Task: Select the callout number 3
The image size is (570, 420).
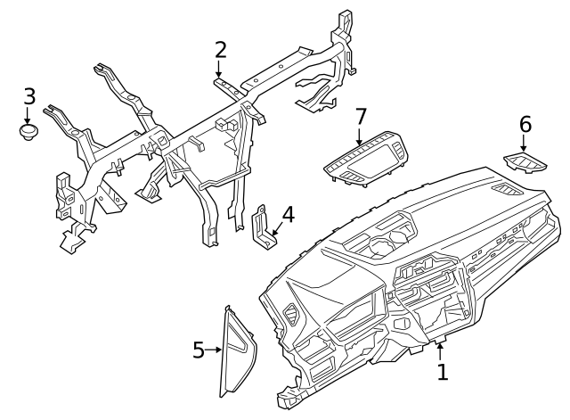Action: pyautogui.click(x=28, y=96)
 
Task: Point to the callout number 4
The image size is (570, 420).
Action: pyautogui.click(x=288, y=215)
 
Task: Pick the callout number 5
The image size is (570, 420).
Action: pyautogui.click(x=199, y=350)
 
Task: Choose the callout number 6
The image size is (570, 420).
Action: pyautogui.click(x=525, y=123)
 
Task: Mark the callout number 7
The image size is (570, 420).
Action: pyautogui.click(x=361, y=116)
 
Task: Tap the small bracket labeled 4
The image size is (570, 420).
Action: pyautogui.click(x=264, y=227)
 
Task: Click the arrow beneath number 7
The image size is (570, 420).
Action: pyautogui.click(x=360, y=137)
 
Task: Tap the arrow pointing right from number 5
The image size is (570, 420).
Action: pyautogui.click(x=215, y=350)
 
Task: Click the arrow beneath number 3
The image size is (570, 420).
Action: pyautogui.click(x=28, y=116)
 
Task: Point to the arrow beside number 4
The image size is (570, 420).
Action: pyautogui.click(x=275, y=231)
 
